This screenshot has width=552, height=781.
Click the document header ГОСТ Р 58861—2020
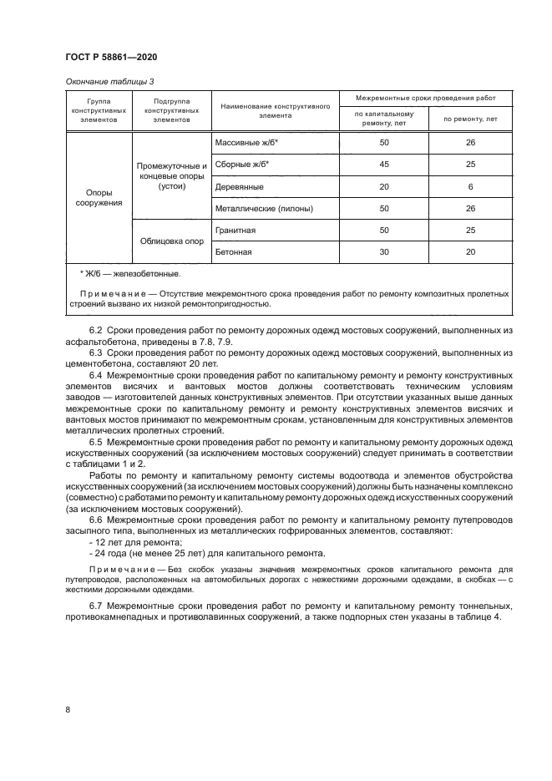click(x=110, y=56)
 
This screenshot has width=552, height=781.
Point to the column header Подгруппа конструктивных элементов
click(x=171, y=110)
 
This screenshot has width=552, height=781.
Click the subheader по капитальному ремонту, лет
click(x=384, y=119)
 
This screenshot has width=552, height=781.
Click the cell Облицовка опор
click(x=171, y=241)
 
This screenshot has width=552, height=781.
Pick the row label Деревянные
click(x=240, y=186)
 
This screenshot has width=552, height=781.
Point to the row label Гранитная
click(x=235, y=230)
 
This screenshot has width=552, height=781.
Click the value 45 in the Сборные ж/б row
click(x=384, y=165)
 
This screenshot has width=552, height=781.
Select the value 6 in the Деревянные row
click(x=470, y=186)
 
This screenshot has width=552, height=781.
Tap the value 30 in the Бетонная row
click(x=384, y=251)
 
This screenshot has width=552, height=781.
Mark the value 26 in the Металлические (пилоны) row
click(x=470, y=208)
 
